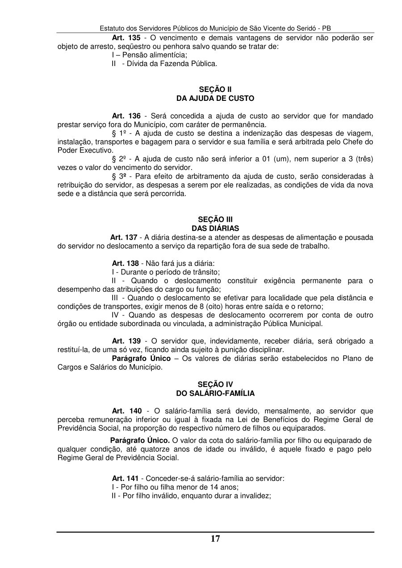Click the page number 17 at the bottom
215,539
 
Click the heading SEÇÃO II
215,89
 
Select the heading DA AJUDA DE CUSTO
215,98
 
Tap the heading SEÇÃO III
215,220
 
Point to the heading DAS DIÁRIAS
215,228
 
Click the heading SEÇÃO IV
215,384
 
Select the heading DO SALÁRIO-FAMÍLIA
215,393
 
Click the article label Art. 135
126,38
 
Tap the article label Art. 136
126,116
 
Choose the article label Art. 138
125,263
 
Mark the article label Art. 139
126,341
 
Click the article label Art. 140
126,410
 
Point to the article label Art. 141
125,478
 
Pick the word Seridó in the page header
305,28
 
